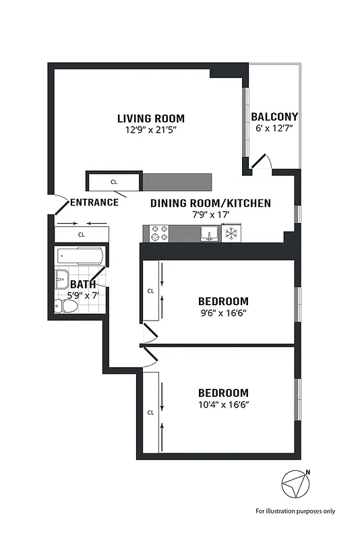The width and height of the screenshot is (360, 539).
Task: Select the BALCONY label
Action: point(275,117)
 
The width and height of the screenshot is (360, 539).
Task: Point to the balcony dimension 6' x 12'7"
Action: point(275,129)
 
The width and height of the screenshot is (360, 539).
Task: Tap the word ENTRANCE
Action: point(94,202)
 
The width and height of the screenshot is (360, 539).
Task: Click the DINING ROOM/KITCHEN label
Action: point(210,203)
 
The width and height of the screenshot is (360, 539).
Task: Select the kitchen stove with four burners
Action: point(159,233)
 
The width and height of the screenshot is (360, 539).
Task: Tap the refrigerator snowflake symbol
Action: point(231,233)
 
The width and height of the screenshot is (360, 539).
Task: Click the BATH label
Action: point(82,284)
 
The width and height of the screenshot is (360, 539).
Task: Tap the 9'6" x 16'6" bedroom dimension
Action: point(223,313)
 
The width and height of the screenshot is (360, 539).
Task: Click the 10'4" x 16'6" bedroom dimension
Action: point(223,405)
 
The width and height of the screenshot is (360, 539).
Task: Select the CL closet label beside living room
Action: point(114,182)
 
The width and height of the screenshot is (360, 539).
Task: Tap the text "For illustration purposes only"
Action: point(295,511)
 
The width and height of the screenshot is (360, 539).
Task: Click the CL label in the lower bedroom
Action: point(150,412)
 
